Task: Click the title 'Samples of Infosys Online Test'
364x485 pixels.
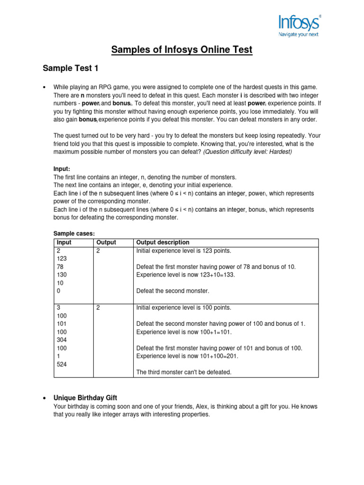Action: (x=182, y=49)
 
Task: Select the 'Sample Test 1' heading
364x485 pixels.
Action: (x=71, y=69)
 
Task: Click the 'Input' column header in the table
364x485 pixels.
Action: (x=64, y=242)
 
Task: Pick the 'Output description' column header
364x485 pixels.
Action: (x=163, y=242)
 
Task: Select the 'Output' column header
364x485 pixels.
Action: (x=106, y=242)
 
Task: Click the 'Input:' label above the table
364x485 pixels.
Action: (x=62, y=169)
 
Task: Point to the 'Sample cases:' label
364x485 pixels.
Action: (x=74, y=234)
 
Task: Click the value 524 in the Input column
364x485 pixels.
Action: (x=61, y=364)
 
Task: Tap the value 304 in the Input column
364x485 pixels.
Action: (x=61, y=340)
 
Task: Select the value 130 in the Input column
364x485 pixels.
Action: (x=61, y=275)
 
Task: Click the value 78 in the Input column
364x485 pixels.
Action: (x=60, y=267)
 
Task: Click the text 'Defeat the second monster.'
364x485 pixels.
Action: (x=173, y=291)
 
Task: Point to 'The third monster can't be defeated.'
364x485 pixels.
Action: (x=184, y=372)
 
